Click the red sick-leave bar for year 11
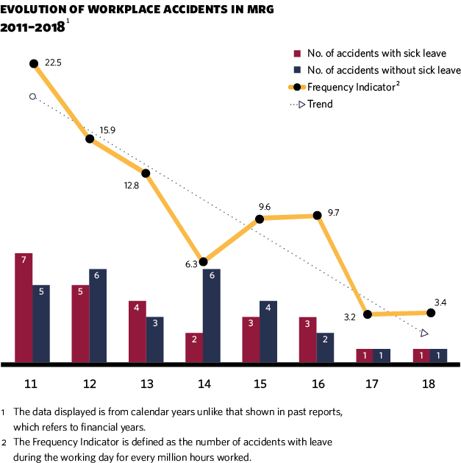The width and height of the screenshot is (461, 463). (x=24, y=308)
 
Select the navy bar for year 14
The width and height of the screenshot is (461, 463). (x=212, y=316)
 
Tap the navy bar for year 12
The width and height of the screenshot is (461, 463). (x=98, y=316)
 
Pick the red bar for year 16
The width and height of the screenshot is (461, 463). (x=308, y=340)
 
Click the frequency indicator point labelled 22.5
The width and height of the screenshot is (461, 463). (x=34, y=63)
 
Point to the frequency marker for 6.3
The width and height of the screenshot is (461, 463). (x=204, y=261)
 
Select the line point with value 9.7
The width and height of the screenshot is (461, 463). (x=317, y=216)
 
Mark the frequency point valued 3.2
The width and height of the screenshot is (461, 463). (x=367, y=314)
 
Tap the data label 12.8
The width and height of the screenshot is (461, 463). (x=132, y=185)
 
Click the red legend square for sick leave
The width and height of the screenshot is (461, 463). (x=297, y=54)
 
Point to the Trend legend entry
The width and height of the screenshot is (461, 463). (x=320, y=104)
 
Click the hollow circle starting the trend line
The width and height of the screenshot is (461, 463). (x=32, y=96)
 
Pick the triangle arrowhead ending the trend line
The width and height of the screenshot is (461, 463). (x=424, y=333)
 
